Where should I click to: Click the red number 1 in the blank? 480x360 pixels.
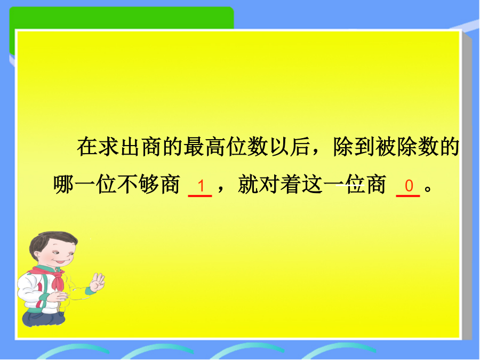click(201, 186)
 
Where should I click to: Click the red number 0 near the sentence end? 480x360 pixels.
click(409, 186)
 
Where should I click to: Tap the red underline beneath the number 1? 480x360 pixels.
click(200, 195)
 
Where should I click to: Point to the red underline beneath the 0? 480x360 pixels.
click(408, 195)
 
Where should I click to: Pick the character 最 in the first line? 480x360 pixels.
click(194, 147)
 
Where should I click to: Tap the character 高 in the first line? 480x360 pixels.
click(215, 147)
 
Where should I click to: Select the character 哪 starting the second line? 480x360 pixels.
click(63, 185)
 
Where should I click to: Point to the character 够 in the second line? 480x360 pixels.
click(148, 185)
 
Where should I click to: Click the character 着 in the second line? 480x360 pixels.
click(291, 185)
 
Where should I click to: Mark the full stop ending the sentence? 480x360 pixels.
click(428, 188)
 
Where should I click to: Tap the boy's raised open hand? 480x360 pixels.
click(98, 282)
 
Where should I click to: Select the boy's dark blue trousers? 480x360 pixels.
click(43, 318)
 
